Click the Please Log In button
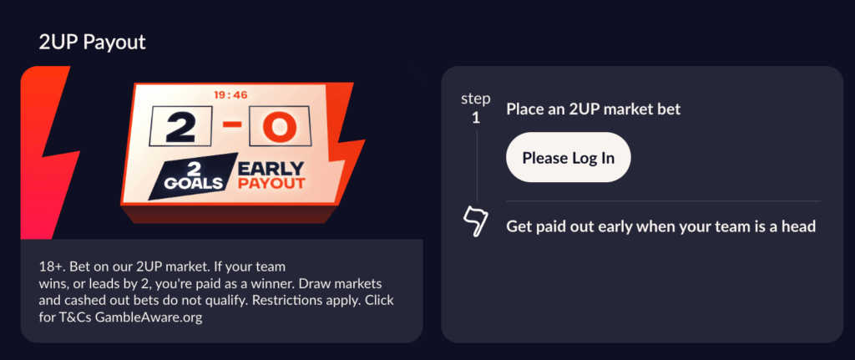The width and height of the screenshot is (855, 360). click(568, 157)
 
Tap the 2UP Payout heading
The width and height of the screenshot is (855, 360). click(92, 42)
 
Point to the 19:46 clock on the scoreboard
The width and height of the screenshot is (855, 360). click(230, 95)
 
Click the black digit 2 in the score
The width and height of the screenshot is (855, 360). click(181, 127)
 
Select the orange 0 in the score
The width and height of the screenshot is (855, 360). click(279, 127)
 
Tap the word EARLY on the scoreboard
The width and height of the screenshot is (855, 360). click(271, 168)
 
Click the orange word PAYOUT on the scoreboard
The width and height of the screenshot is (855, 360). click(271, 182)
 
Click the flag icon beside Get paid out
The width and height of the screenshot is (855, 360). click(474, 222)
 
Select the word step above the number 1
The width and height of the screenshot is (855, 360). click(475, 99)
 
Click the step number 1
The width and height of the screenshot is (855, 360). click(475, 118)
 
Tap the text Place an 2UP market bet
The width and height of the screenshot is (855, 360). click(594, 109)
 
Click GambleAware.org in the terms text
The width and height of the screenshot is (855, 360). click(149, 317)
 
